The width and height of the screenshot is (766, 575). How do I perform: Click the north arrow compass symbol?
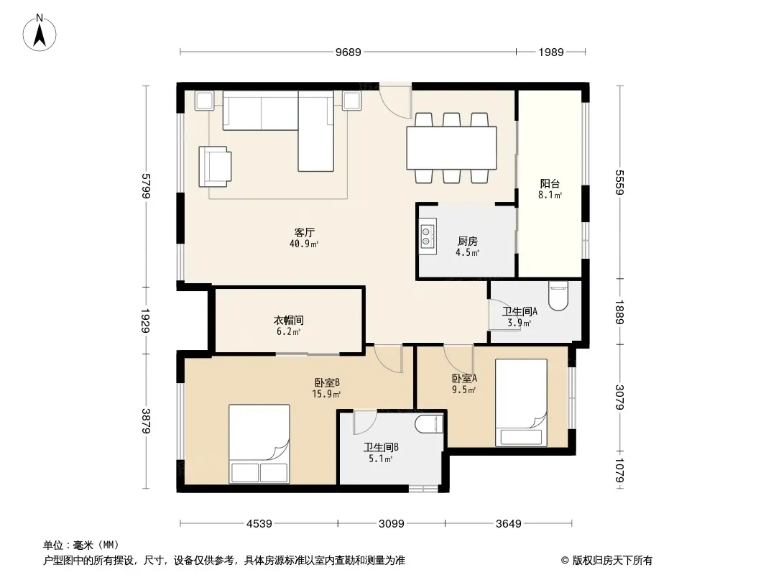(x=40, y=32)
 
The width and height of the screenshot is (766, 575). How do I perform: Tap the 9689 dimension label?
(x=349, y=52)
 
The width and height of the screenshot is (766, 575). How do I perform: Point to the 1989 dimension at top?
(x=551, y=52)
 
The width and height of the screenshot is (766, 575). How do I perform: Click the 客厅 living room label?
(x=305, y=233)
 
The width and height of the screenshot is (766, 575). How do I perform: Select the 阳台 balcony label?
(x=550, y=184)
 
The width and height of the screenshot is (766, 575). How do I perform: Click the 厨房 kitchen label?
(x=468, y=241)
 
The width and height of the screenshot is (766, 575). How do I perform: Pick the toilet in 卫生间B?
(x=429, y=423)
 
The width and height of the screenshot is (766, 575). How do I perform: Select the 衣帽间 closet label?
(x=289, y=320)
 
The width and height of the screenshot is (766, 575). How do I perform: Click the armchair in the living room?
(x=215, y=167)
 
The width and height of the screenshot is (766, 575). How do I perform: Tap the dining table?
(x=451, y=148)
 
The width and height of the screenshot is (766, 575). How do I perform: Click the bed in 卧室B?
(x=259, y=443)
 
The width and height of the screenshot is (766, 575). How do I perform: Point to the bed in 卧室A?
(x=521, y=402)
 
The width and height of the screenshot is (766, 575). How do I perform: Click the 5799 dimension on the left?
(x=146, y=186)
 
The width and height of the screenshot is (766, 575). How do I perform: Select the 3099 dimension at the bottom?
(x=392, y=524)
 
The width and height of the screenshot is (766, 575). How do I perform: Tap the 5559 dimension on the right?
(x=619, y=183)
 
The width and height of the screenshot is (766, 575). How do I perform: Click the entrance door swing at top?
(x=396, y=101)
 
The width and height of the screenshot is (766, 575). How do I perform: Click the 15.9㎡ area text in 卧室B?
(x=326, y=394)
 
